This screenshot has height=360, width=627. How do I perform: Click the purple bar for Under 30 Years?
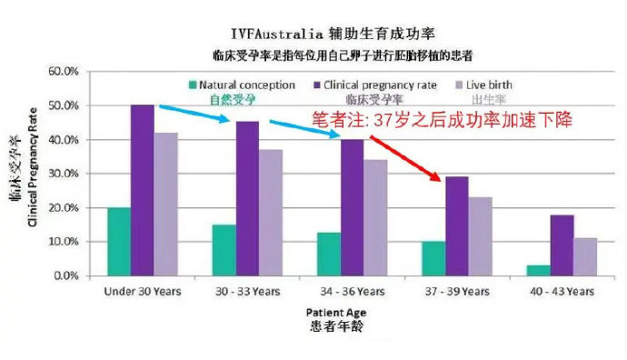[x=142, y=190]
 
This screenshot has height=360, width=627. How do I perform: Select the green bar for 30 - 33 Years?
[x=224, y=249]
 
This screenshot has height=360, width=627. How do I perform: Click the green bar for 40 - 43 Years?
[x=538, y=270]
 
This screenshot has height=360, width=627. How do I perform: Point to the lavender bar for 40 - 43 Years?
[x=586, y=256]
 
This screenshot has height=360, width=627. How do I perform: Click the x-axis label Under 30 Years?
[x=143, y=292]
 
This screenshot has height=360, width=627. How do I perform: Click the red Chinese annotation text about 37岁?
[x=442, y=120]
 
